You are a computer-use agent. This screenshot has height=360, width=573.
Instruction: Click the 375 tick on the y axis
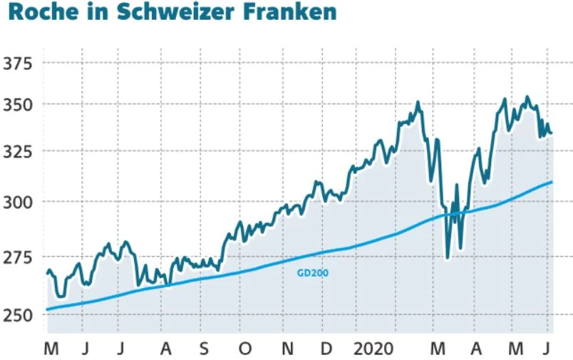pos(19,63)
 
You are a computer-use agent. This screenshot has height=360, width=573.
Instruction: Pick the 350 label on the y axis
pos(19,105)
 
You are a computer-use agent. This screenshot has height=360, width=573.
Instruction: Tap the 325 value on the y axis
pos(19,152)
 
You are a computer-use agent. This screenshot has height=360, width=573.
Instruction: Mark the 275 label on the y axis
pos(19,257)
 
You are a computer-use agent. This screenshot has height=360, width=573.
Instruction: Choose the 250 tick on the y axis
pos(19,314)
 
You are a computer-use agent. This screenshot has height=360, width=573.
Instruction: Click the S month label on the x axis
pos(205,349)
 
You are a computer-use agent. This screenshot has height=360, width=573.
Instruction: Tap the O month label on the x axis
pos(246,349)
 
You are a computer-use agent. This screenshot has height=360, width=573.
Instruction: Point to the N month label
pos(287,349)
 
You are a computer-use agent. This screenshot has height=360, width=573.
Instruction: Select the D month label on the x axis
pos(326,349)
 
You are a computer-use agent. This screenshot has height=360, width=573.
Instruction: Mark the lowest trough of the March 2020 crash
pos(448,257)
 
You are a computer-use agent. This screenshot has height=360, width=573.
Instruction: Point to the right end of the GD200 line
pos(552,182)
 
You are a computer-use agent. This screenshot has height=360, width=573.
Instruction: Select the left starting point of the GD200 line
pos(47,309)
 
